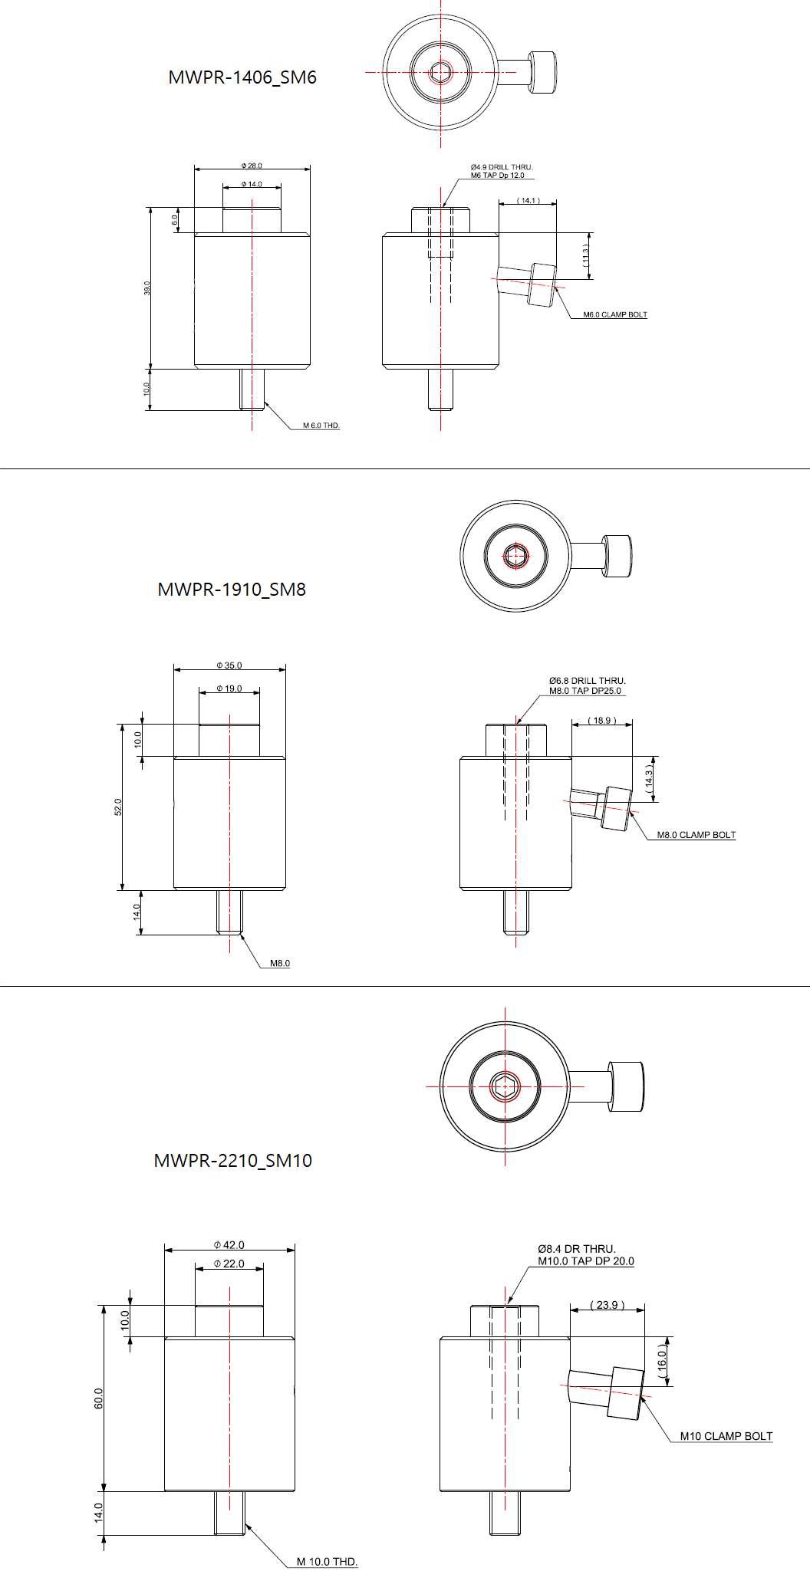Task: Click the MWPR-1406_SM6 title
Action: [x=242, y=77]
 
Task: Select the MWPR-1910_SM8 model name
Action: [x=232, y=590]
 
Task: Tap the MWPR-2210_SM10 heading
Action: [x=232, y=1161]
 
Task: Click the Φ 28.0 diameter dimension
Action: [x=252, y=166]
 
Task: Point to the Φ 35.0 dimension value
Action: [x=229, y=666]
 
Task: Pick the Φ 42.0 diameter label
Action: [x=229, y=1245]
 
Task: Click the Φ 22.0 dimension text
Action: [x=229, y=1264]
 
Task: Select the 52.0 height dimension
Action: [x=118, y=807]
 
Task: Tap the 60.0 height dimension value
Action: [x=98, y=1398]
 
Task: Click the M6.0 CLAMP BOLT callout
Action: [x=615, y=314]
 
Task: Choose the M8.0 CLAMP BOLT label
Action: [x=696, y=835]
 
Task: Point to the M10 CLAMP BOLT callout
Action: [x=726, y=1436]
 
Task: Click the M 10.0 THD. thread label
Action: [x=328, y=1562]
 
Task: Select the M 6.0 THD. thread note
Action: [x=321, y=426]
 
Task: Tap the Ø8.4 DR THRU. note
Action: [x=577, y=1249]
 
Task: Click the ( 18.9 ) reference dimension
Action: [x=602, y=721]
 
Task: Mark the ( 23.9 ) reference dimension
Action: [x=607, y=1305]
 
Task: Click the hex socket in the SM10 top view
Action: [x=505, y=1086]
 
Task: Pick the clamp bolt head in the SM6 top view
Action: [x=543, y=73]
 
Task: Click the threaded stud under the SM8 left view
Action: [x=229, y=912]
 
